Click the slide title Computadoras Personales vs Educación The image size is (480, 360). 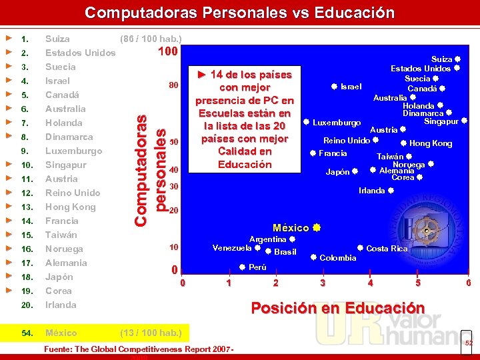(x=239, y=13)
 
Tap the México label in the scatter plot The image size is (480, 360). (x=291, y=228)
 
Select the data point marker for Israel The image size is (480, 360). (x=334, y=86)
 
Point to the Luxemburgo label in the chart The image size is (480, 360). (x=337, y=123)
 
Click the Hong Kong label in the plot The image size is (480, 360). (x=430, y=143)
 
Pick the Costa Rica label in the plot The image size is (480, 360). (x=387, y=249)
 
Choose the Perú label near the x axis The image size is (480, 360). (x=257, y=267)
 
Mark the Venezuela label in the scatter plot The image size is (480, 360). (x=232, y=248)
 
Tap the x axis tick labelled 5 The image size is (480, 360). (x=418, y=283)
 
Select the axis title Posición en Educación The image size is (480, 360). (x=337, y=308)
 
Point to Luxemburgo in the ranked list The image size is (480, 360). (x=73, y=151)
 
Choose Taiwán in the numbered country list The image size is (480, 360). (x=61, y=235)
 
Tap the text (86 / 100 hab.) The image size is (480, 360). (x=150, y=39)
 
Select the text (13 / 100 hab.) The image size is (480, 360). (x=150, y=333)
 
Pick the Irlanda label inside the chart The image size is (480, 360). (x=371, y=191)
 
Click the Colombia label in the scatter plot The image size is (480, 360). (x=338, y=258)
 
